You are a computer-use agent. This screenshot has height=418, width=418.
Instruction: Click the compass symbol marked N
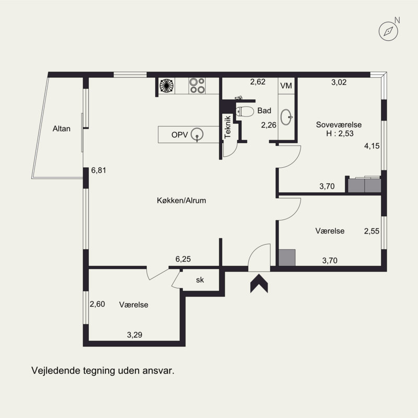pos(388,31)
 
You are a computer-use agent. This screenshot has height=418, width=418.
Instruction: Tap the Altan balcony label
pos(62,129)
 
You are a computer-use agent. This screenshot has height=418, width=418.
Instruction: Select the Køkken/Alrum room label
pos(181,201)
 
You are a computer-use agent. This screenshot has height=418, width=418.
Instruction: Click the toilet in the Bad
pos(245,111)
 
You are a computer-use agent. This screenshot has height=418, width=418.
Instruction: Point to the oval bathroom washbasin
pos(286,117)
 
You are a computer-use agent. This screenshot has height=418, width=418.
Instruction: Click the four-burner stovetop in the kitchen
pos(197,85)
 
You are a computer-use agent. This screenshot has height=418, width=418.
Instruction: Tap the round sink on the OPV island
pos(198,134)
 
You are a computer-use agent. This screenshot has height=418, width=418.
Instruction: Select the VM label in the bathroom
pos(286,86)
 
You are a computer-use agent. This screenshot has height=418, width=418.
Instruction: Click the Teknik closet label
pos(228,127)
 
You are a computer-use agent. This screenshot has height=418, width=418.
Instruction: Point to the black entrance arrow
pos(259,284)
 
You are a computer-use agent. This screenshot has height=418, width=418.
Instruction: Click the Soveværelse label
pos(339,125)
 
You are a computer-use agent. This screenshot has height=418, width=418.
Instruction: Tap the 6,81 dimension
pos(99,170)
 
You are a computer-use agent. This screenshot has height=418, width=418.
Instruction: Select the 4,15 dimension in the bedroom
pos(371,146)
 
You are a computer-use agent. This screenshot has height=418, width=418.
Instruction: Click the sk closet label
pos(200,280)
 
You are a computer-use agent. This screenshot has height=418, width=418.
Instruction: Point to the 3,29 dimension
pos(135,335)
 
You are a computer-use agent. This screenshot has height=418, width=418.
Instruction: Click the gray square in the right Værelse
pos(287,258)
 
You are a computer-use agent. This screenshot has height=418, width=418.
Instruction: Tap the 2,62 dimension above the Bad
pos(258,82)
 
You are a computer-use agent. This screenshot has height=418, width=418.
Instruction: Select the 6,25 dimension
pos(183,259)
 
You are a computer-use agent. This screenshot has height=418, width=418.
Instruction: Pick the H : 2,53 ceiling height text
pos(340,134)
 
